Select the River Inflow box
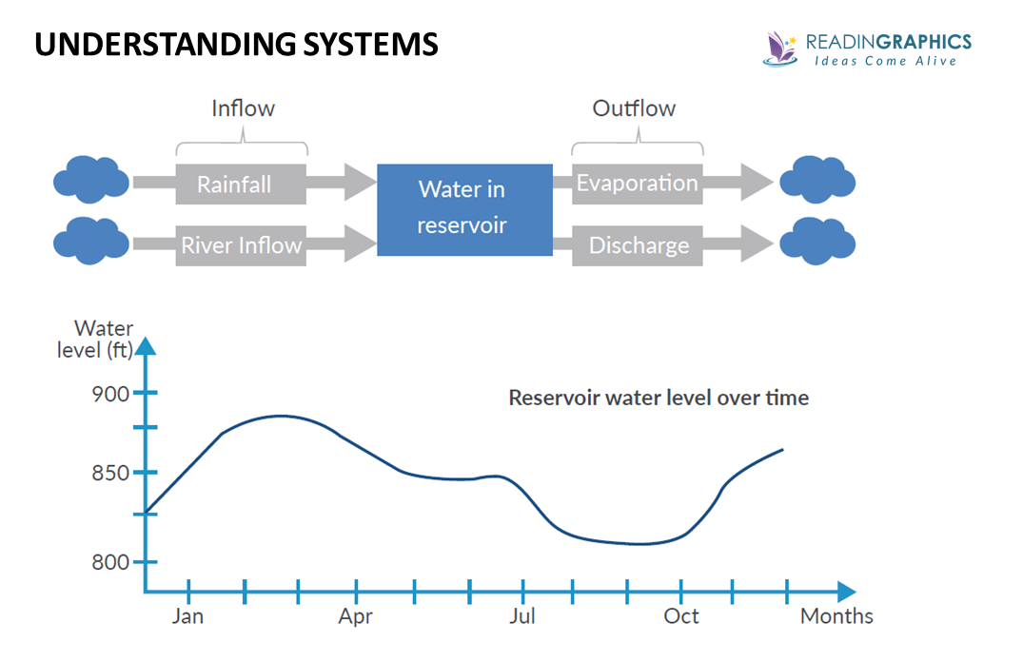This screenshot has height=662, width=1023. [241, 245]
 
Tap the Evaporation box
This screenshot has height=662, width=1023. [637, 184]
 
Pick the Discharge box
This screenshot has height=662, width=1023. [638, 245]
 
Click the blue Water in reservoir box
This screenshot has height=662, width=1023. [464, 209]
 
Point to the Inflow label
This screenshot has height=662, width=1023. [243, 108]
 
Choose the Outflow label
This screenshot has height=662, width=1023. [634, 108]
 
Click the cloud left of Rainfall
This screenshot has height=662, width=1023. [91, 180]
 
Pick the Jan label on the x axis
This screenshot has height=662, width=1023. [187, 616]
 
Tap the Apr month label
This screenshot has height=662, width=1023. [355, 616]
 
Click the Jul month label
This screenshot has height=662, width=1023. [522, 616]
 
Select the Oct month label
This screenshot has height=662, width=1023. [681, 616]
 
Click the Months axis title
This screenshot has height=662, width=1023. [836, 616]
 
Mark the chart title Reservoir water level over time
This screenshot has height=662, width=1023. [659, 398]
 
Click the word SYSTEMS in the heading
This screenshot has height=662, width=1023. [358, 44]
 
